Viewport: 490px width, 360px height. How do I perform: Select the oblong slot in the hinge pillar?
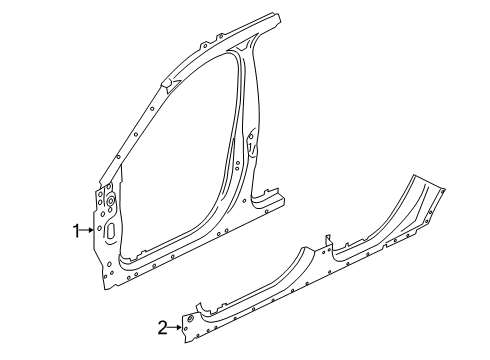pyautogui.click(x=109, y=231)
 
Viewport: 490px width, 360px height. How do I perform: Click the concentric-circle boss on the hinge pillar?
pyautogui.click(x=110, y=205)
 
